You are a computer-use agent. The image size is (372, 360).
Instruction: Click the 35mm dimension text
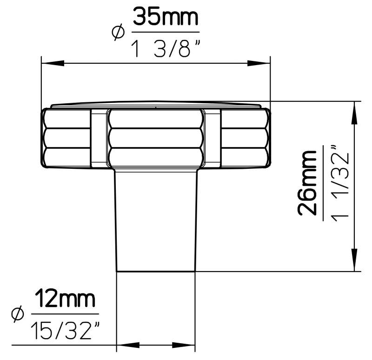click(166, 17)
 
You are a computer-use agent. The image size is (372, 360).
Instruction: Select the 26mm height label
click(307, 183)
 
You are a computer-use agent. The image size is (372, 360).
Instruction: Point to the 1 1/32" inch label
click(340, 183)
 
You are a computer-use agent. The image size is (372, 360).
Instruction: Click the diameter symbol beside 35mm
click(118, 32)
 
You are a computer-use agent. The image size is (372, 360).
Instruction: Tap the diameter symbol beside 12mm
click(18, 314)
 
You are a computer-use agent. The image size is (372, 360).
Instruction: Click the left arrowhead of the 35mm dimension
click(53, 63)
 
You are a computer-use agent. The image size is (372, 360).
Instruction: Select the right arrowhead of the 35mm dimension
click(259, 63)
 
